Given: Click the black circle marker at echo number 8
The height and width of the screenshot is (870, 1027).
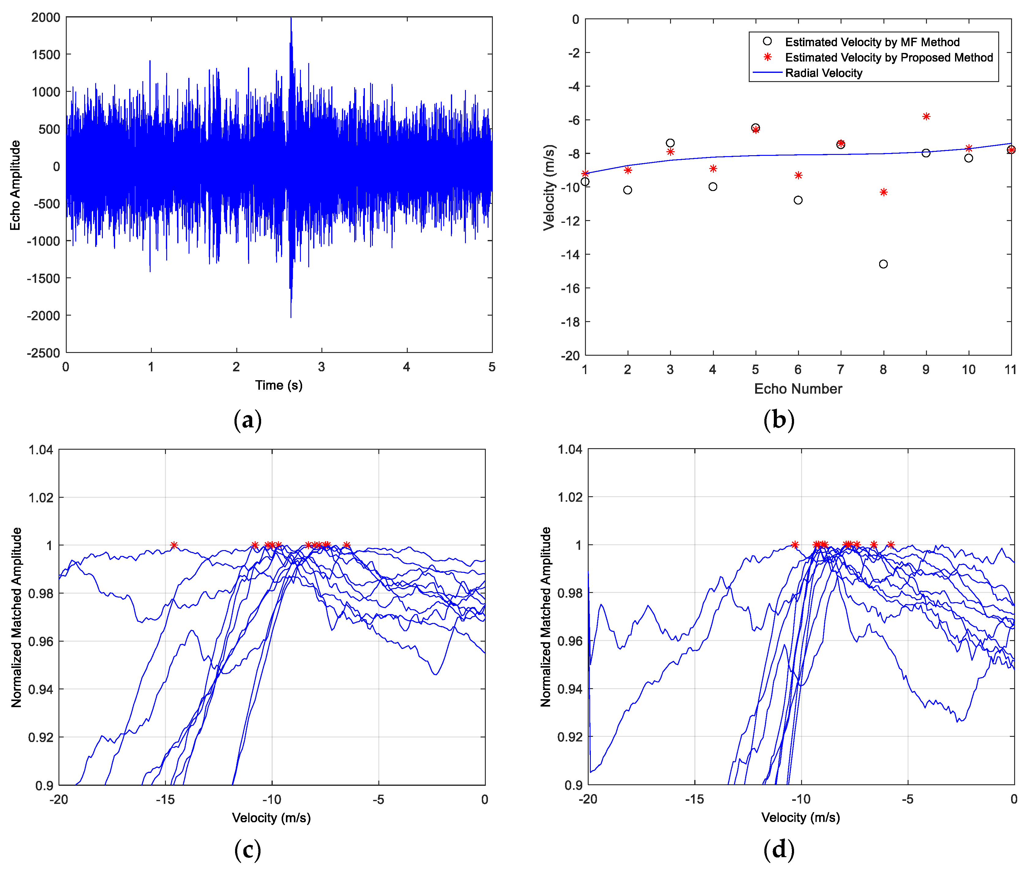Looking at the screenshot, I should pos(883,264).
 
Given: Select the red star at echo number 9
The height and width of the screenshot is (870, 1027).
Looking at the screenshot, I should pos(926,116).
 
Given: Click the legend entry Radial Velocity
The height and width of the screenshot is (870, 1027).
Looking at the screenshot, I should pos(823,73).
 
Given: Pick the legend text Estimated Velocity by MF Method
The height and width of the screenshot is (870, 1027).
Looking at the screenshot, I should pos(872,42).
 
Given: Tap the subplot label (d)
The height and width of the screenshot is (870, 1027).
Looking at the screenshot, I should pos(778,849).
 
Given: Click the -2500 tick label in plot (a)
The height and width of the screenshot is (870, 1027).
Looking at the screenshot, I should pos(43,353).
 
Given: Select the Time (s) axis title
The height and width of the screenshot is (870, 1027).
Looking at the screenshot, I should pos(279,385).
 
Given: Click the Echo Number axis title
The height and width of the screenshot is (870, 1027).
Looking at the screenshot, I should pos(798,389).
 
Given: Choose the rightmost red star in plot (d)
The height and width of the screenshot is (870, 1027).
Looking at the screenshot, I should pos(890,545).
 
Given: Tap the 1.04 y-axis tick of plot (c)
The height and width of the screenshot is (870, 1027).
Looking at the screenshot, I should pos(40,449).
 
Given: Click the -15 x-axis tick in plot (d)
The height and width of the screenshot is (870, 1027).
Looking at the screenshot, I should pos(694,799).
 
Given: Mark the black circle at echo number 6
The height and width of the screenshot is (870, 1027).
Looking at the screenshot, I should pos(798,200).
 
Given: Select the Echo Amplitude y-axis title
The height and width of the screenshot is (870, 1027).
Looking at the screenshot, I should pos(15,185).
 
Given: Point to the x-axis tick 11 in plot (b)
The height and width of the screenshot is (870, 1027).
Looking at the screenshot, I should pos(1010,369).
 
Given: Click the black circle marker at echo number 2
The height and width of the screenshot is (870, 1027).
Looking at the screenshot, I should pos(627,190).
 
